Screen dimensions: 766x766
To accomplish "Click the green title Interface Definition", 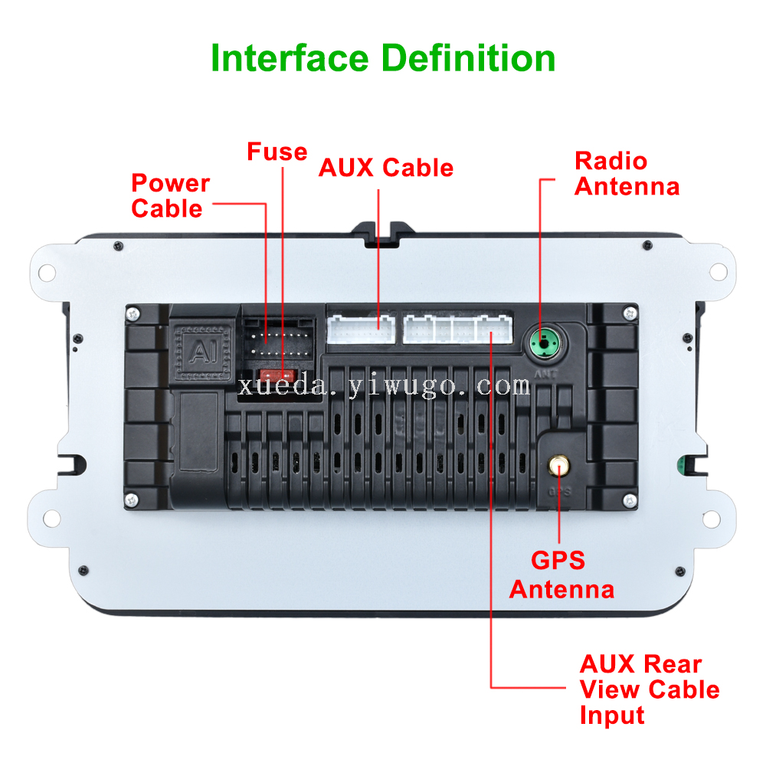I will coord(383,59).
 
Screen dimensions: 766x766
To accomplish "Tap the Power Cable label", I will coord(169,196).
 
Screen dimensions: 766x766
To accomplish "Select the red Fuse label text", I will coord(277,152).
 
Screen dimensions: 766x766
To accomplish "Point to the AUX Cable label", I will coord(386,168).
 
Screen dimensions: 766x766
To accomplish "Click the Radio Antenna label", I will coord(627,174).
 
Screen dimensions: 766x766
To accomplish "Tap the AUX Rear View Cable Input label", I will coord(649,689).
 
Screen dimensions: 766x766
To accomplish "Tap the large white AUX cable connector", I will coord(361,329).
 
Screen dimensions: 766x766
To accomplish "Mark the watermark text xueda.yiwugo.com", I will coord(383,385).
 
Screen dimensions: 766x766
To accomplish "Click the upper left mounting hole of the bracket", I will coord(50,271).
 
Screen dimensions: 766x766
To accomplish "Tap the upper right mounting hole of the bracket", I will coord(717,271).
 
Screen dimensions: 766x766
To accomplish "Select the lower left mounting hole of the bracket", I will coord(51,518).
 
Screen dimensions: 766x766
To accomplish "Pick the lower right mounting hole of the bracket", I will coord(717,518).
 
